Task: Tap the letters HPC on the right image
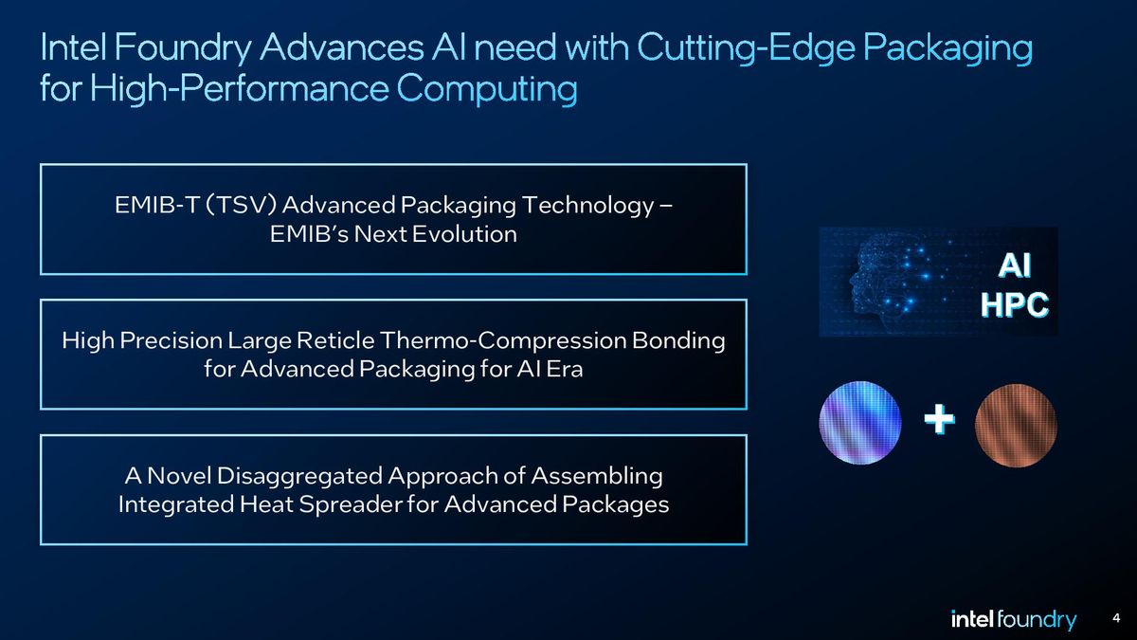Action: click(1014, 305)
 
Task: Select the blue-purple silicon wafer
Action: click(860, 425)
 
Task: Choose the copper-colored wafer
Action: click(1016, 425)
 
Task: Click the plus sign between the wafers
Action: click(939, 420)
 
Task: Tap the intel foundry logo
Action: click(1013, 620)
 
